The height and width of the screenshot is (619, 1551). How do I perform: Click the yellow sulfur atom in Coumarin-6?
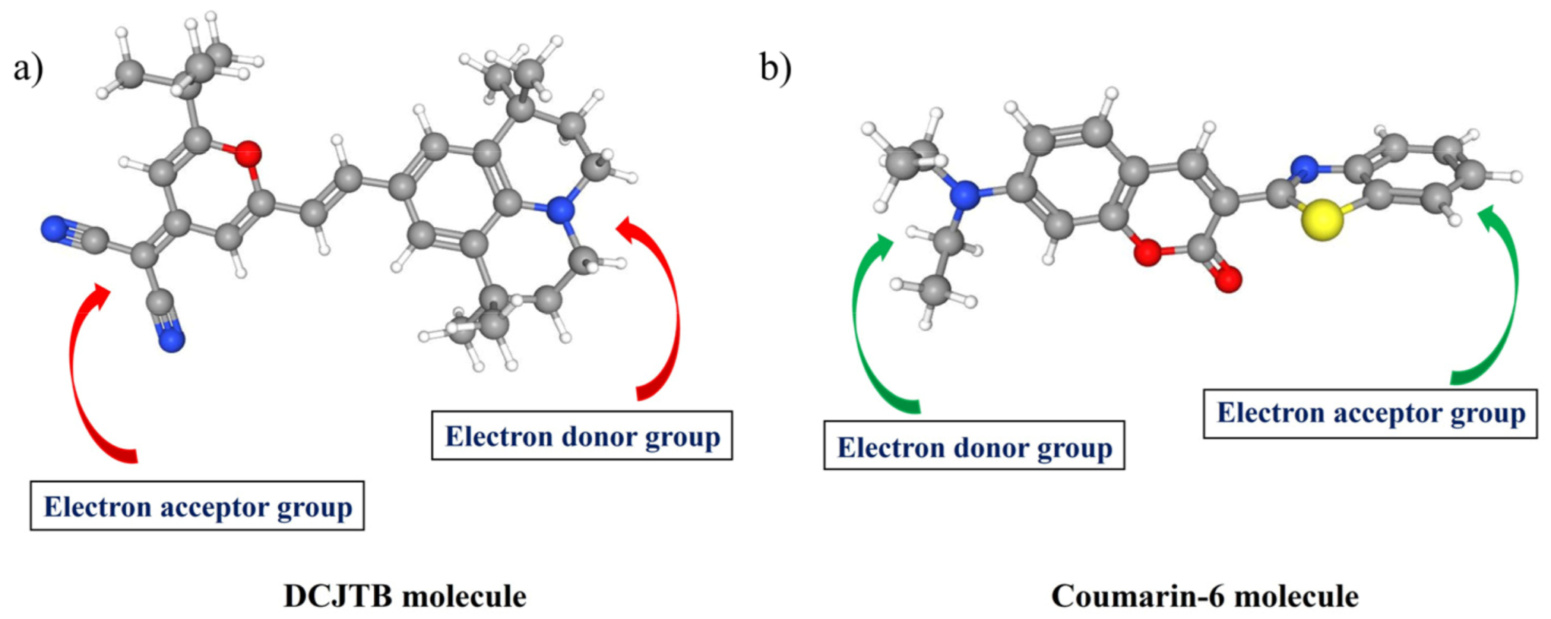point(1322,220)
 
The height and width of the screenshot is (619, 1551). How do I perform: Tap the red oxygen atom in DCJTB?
point(247,154)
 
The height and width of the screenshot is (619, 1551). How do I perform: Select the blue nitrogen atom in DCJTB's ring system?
point(560,210)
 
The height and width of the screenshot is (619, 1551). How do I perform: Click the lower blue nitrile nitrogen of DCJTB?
point(172,340)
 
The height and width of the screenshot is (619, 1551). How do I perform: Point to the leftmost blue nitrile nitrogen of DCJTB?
point(54,229)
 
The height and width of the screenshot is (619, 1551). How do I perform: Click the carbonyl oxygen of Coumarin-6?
point(1228,279)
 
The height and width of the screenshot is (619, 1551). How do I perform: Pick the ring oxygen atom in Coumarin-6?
point(1147,253)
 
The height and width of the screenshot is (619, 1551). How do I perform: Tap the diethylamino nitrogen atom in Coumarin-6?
point(965,195)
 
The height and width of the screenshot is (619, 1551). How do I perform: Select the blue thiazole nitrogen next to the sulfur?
point(1304,167)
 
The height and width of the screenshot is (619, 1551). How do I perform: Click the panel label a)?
point(28,68)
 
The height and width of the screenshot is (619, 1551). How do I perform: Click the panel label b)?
point(775,68)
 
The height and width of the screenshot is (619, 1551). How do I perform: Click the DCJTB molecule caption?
point(404,596)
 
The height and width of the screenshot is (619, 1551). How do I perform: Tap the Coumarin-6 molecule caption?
point(1204,596)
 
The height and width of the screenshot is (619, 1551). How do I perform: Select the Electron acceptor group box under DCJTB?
point(197,506)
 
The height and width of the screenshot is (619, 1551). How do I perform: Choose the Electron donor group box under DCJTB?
point(581,436)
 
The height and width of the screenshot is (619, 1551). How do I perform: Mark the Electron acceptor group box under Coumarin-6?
point(1369,413)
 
